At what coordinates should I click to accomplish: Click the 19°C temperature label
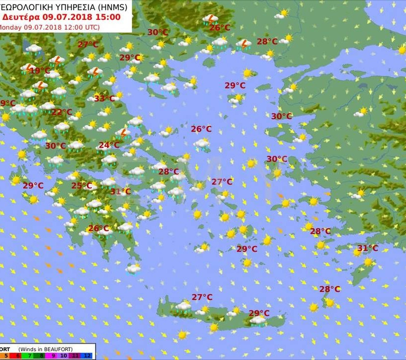tap(40, 71)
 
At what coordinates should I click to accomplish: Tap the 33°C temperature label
tap(104, 99)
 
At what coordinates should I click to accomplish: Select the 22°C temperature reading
tap(62, 112)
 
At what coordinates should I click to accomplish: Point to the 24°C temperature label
tap(109, 146)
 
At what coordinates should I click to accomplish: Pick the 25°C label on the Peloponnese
tap(82, 186)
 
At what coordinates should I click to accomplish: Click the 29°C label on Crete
tap(259, 313)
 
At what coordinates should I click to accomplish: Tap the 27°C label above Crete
tap(202, 297)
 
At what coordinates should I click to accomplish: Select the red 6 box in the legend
tap(17, 355)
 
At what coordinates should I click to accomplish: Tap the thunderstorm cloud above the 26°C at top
tap(211, 19)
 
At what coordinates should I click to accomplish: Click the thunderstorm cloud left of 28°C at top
tap(243, 44)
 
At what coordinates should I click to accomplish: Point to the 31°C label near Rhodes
tap(368, 248)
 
